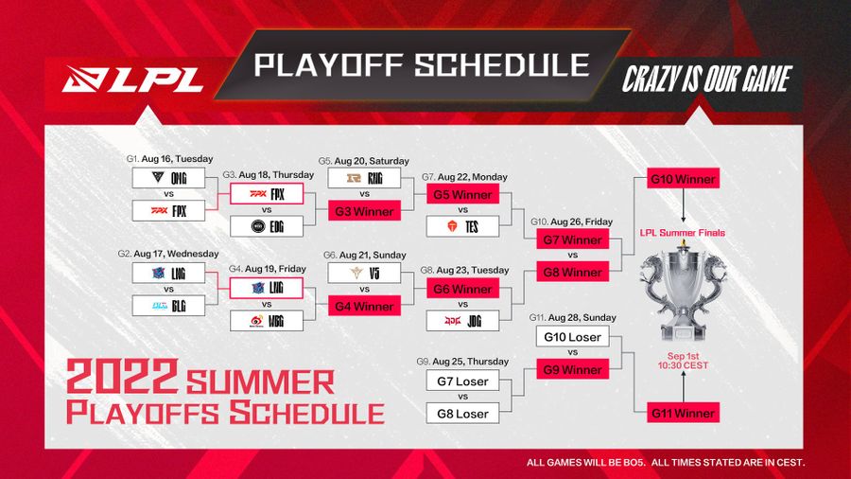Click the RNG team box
point(364,177)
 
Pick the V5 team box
point(364,273)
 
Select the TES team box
point(463,226)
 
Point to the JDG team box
point(463,321)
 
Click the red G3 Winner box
point(364,211)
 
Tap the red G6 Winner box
point(463,289)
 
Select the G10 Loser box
point(572,337)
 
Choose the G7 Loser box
point(463,381)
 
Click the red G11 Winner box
point(681,412)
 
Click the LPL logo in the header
point(133,80)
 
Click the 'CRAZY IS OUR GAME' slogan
point(705,80)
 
